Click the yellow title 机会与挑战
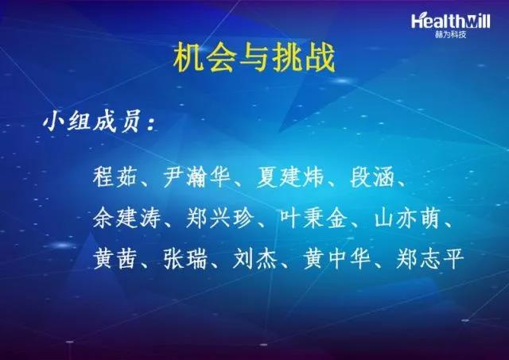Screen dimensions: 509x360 click(x=254, y=58)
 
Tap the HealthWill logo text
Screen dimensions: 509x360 click(x=451, y=21)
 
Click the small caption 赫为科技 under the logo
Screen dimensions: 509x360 click(x=451, y=34)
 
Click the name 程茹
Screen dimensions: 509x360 click(x=115, y=176)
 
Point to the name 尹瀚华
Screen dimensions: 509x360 click(x=196, y=176)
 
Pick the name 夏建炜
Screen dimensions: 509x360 click(x=290, y=176)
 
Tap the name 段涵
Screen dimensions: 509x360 click(x=372, y=176)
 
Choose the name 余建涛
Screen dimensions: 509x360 click(x=126, y=218)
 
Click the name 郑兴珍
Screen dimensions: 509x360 click(x=220, y=218)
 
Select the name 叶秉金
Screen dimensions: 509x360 click(x=313, y=218)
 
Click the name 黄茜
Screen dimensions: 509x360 click(x=115, y=258)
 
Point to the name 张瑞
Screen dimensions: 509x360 click(x=185, y=258)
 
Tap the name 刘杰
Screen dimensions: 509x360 click(x=255, y=258)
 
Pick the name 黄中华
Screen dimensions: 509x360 click(x=337, y=258)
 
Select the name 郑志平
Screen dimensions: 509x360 click(x=430, y=258)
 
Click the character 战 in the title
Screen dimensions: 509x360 click(x=321, y=58)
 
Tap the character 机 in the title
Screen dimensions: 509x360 click(x=188, y=58)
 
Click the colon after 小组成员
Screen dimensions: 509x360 click(x=150, y=123)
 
